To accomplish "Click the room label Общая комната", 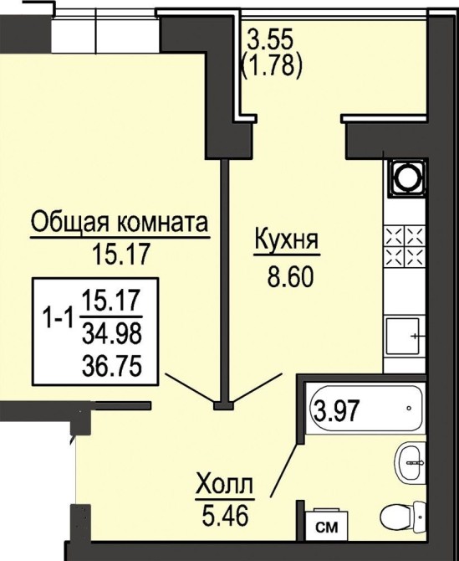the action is (x=120, y=223).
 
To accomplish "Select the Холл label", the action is (x=225, y=485).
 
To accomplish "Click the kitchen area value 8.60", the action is (x=290, y=278).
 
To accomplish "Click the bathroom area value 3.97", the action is (x=335, y=411).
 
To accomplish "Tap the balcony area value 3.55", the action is (x=270, y=39).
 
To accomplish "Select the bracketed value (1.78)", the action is (x=273, y=66).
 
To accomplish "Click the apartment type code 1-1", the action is (x=58, y=317).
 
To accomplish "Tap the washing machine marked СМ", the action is (x=327, y=527).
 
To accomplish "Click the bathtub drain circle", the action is (x=409, y=408).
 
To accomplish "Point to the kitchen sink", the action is (x=403, y=336).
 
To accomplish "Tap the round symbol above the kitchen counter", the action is (x=407, y=178).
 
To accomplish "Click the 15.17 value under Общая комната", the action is (x=120, y=254).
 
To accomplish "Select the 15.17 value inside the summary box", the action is (x=111, y=301).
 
